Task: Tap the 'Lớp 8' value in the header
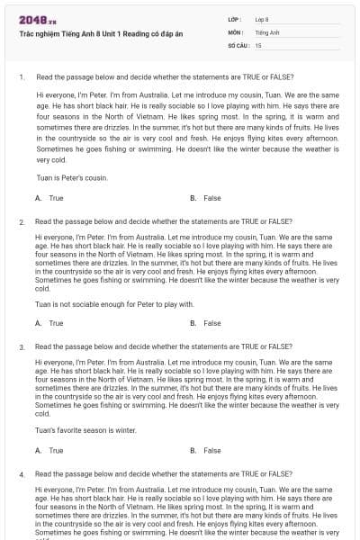coord(262,19)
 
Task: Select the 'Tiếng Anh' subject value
coord(266,31)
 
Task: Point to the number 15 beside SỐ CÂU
coord(258,44)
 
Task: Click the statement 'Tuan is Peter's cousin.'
coord(72,178)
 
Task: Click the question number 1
coord(21,77)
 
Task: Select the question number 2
coord(21,220)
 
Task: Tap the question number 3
coord(21,346)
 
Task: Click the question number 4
coord(21,472)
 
